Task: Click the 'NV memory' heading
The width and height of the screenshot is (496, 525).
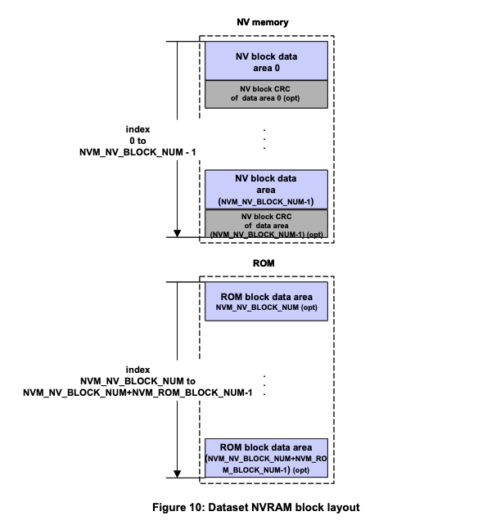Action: click(265, 23)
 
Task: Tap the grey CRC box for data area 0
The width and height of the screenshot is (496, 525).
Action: click(266, 93)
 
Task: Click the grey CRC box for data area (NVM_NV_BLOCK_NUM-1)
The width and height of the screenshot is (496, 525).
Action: click(266, 224)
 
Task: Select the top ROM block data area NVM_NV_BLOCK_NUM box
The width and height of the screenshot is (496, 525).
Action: click(266, 302)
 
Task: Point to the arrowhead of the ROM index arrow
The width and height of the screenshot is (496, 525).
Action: click(177, 473)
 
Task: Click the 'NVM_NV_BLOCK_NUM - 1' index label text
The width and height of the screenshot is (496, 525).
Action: click(138, 152)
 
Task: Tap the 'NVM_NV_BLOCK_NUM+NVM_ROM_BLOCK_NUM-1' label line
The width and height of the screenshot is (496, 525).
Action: click(138, 393)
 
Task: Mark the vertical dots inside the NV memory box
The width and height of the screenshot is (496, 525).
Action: click(266, 138)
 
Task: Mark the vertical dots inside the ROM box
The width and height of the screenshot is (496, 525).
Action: click(266, 383)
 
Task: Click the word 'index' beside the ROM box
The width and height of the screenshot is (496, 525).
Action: click(138, 370)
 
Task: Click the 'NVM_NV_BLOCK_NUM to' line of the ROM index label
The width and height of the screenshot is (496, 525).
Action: click(138, 381)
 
